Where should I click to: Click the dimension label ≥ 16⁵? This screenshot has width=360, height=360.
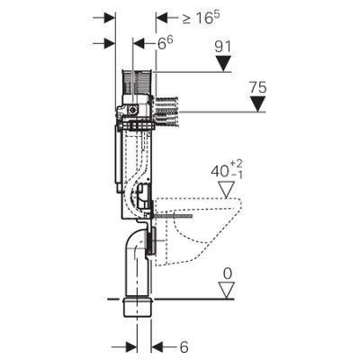tap(201, 18)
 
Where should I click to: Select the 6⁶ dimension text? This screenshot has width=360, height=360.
tap(166, 43)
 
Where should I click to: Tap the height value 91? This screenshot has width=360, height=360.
tap(223, 47)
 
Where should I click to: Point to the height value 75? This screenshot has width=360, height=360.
tap(258, 87)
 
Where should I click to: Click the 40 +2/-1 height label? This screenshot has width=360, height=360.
tap(227, 170)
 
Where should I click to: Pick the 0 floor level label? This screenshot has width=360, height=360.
tap(228, 274)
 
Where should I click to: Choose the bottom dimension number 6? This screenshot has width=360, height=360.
tap(184, 347)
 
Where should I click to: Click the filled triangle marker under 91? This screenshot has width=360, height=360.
tap(223, 64)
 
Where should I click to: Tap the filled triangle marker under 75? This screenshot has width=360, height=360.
tap(258, 104)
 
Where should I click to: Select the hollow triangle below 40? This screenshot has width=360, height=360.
tap(227, 190)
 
